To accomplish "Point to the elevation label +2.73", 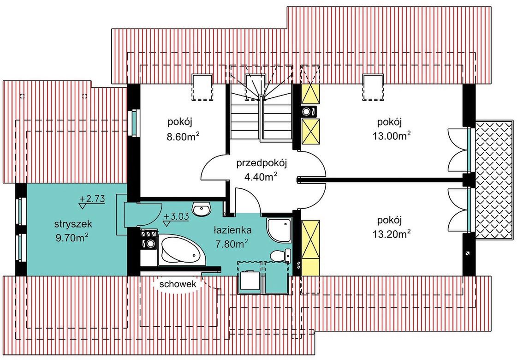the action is click(92, 199).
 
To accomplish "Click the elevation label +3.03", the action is click(176, 216).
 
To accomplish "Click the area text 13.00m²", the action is click(392, 136).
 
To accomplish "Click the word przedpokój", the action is click(262, 163).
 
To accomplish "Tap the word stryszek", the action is click(73, 224).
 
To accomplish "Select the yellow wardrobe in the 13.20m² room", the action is click(310, 248).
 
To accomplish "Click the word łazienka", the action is click(232, 230).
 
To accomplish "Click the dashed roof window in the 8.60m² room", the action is click(202, 87).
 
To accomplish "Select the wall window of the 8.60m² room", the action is click(134, 122).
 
